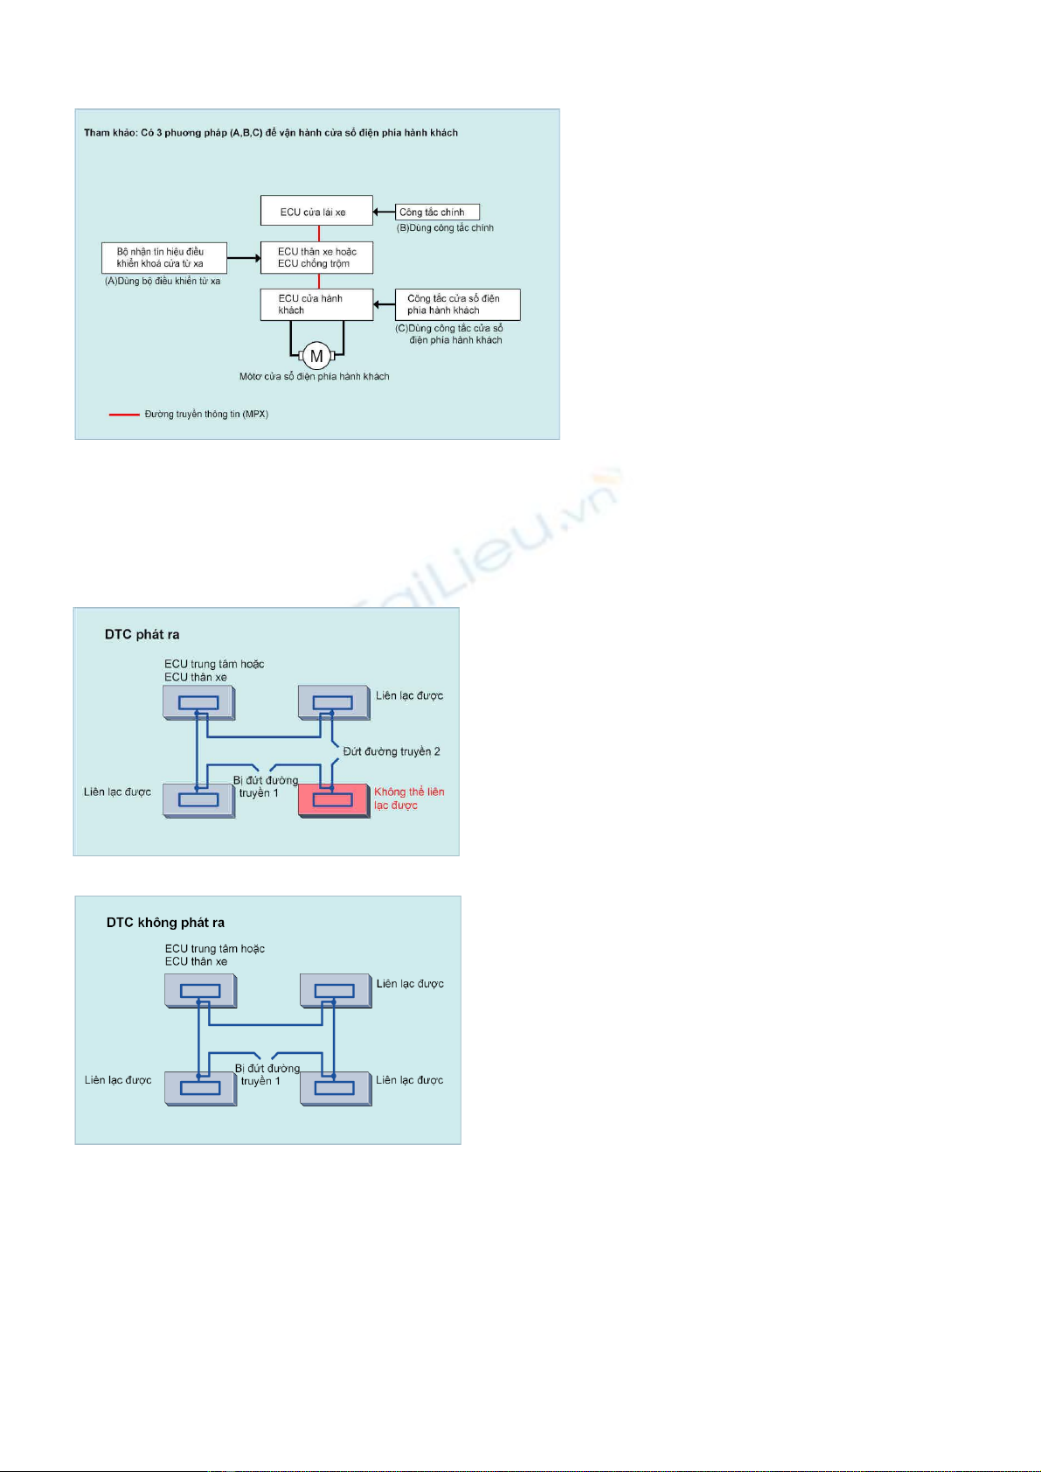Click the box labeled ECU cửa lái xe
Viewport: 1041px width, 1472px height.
pos(316,211)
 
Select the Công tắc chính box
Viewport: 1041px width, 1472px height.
pos(437,212)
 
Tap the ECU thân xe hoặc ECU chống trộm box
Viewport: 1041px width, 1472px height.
pos(316,257)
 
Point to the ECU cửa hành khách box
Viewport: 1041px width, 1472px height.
pos(316,304)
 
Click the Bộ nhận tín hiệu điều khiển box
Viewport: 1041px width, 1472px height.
pos(164,257)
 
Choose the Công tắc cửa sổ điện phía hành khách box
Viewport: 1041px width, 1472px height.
pos(457,304)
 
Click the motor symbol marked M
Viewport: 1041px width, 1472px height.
pos(316,356)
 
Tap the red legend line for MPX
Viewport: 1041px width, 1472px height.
pos(124,415)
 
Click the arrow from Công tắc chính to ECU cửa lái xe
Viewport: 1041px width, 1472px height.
pos(384,212)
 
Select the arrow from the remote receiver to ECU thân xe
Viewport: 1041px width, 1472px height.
pos(244,258)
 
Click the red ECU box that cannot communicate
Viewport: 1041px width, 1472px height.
pos(333,800)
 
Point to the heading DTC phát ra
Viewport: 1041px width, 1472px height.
pos(142,634)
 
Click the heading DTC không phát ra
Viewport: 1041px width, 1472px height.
pos(165,922)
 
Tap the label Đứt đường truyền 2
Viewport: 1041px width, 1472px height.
pos(392,751)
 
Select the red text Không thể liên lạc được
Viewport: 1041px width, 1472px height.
pos(408,799)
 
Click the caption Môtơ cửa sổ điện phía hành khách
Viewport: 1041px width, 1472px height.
pos(314,376)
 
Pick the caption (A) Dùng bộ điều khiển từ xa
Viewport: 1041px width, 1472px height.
pos(163,281)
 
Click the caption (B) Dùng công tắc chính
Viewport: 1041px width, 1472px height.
pos(445,227)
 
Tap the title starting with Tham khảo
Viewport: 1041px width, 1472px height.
pos(271,133)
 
